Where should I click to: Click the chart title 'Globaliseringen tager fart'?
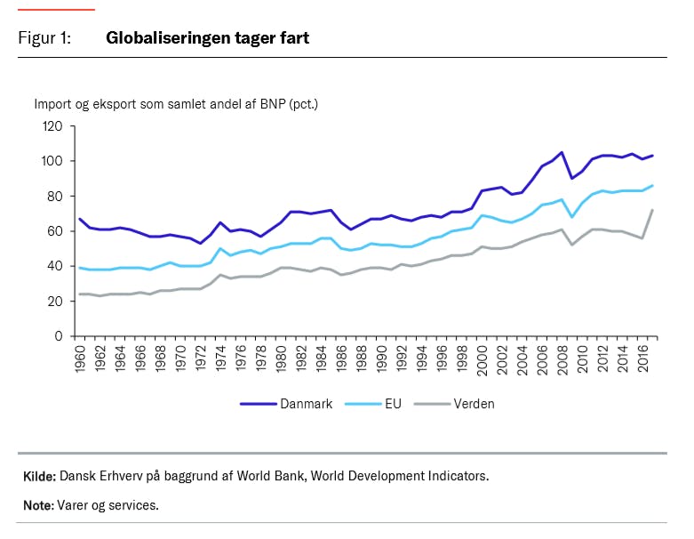[207, 38]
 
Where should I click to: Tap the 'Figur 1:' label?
[44, 38]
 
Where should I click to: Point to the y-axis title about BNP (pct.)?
[176, 104]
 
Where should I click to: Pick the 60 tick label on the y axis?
[54, 231]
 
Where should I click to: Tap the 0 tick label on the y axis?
[58, 336]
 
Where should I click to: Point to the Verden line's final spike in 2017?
[653, 211]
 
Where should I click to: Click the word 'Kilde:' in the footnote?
[39, 477]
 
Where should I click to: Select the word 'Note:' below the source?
[38, 505]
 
